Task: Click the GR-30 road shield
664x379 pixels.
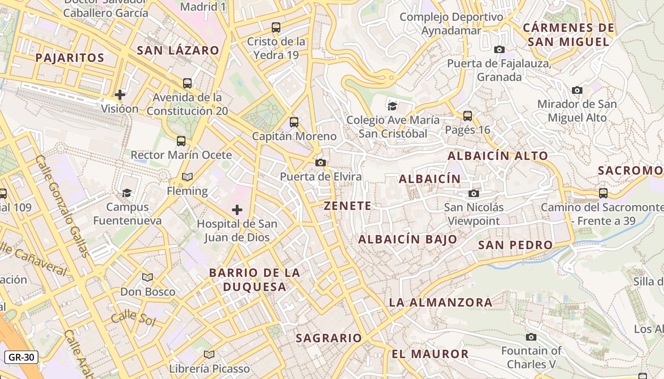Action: click(x=21, y=357)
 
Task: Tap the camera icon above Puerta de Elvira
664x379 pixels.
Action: click(x=321, y=163)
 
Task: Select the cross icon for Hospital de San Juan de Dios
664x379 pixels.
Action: click(x=237, y=210)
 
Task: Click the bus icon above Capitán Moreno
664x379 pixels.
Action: click(x=294, y=122)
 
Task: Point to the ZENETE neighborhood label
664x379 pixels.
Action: click(x=348, y=206)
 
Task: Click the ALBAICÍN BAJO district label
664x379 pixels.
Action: click(x=407, y=239)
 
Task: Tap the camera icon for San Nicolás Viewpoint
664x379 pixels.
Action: click(x=473, y=193)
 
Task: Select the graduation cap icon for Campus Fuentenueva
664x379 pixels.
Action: click(x=127, y=193)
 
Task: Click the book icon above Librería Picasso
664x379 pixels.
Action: click(x=209, y=354)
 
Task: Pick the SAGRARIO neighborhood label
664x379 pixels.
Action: click(x=329, y=338)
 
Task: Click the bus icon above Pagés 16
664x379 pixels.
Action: click(x=468, y=116)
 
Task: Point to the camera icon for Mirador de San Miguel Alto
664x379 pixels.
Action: click(x=577, y=90)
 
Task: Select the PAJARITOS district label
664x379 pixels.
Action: click(x=70, y=58)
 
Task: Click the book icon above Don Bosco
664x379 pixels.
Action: click(x=148, y=277)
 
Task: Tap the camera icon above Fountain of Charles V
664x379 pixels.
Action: click(x=531, y=337)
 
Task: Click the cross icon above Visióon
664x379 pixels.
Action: click(x=120, y=95)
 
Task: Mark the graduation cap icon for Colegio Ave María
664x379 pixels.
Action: click(x=392, y=106)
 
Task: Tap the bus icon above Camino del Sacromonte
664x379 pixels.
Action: click(x=603, y=193)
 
